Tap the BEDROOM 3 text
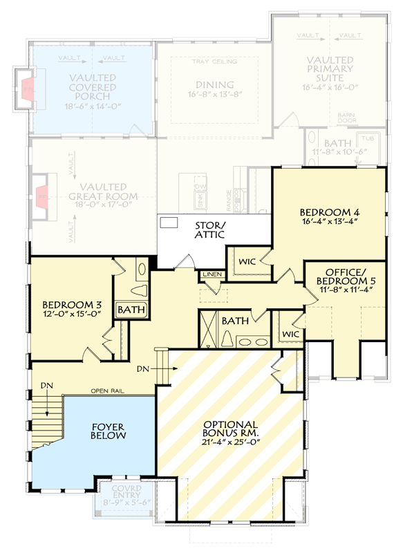click(72, 304)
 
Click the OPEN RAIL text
click(106, 392)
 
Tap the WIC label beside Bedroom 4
click(247, 263)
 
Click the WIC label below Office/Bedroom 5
click(290, 334)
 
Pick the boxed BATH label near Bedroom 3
click(131, 310)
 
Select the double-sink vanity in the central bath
click(252, 340)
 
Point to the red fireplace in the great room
click(43, 197)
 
